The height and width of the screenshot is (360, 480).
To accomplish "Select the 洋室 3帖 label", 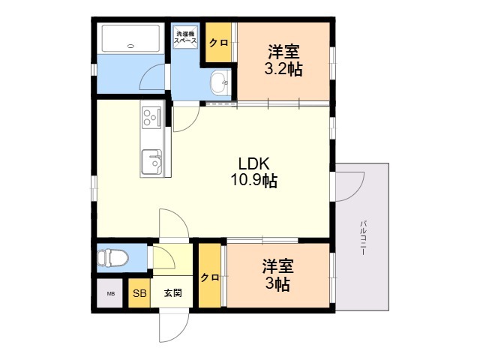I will (277, 275).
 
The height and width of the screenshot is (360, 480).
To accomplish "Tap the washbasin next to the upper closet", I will (219, 82).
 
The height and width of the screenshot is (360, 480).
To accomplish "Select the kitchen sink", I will (152, 161).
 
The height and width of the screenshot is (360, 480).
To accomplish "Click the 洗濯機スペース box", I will (185, 38).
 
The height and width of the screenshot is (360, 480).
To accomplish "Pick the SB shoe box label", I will (139, 293).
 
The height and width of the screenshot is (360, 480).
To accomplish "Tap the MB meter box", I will (110, 293).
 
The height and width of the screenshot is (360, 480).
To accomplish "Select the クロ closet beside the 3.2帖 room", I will (219, 43).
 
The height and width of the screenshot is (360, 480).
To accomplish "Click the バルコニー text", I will (362, 238).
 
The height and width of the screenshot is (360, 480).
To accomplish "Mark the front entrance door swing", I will (172, 325).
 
